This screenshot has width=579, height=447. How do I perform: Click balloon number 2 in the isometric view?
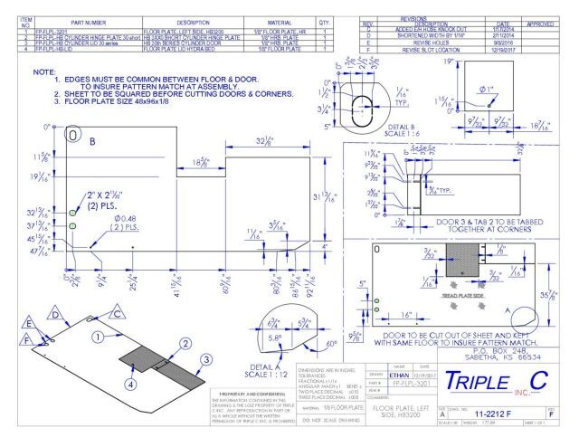coord(184,344)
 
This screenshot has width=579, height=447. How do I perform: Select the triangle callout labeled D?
coord(55,313)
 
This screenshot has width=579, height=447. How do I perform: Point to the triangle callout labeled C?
coord(116,312)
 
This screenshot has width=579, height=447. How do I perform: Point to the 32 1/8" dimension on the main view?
coord(268,141)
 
